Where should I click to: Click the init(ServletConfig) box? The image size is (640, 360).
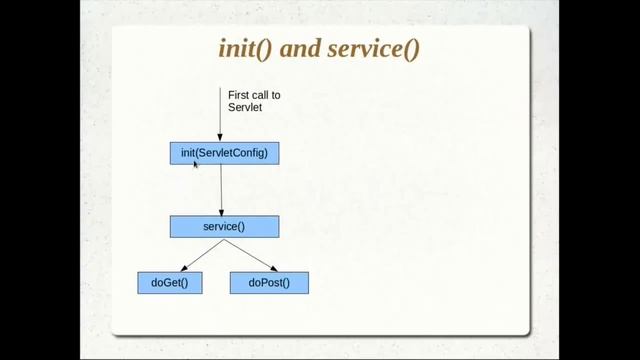[224, 153]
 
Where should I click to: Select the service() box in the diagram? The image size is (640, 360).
[224, 227]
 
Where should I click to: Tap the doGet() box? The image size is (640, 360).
[170, 283]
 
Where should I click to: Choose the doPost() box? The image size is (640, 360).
[269, 283]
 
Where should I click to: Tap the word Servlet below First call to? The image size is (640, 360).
[244, 107]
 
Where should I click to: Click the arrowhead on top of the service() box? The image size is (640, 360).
[221, 211]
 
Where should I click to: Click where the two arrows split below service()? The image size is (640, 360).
[223, 239]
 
